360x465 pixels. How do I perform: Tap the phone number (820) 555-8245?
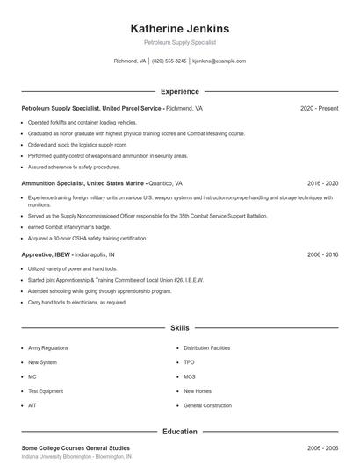(169, 61)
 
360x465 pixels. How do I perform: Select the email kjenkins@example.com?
(219, 61)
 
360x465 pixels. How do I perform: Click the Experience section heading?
(180, 91)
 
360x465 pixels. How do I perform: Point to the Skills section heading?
(180, 328)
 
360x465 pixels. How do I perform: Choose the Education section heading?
(180, 432)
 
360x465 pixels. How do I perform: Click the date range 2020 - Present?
(319, 109)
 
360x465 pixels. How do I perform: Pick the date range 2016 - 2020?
(322, 183)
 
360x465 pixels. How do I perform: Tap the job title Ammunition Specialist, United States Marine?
(83, 183)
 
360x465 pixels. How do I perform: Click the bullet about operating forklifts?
(83, 122)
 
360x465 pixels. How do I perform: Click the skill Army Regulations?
(48, 347)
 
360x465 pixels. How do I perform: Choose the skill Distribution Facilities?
(206, 347)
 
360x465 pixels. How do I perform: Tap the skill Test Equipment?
(46, 390)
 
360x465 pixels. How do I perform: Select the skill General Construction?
(208, 405)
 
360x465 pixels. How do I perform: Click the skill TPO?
(189, 361)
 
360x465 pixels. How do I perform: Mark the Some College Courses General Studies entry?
(77, 448)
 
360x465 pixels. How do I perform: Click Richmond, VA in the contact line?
(130, 61)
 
